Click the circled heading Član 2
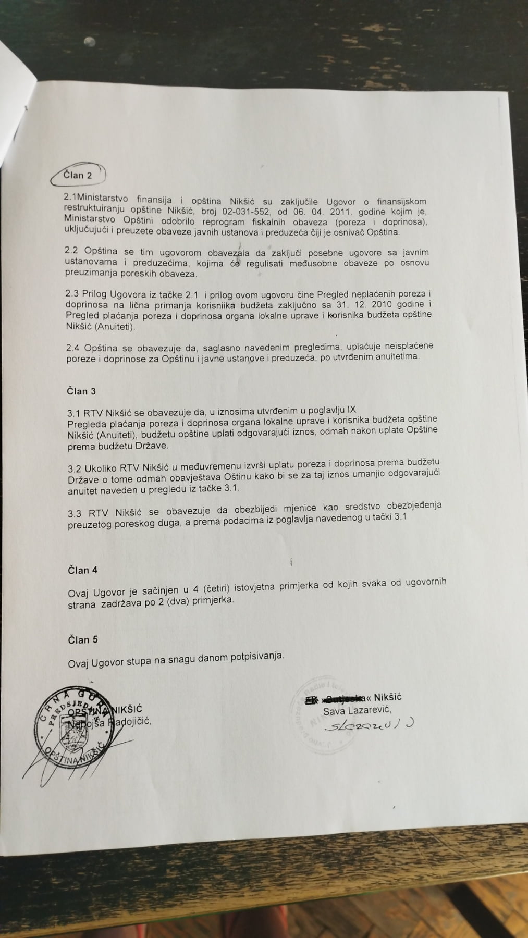(78, 175)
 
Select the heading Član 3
(82, 391)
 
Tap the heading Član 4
(82, 570)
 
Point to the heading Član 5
(83, 639)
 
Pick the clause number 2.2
(72, 252)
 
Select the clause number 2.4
(72, 347)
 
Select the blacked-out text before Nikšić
(334, 699)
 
